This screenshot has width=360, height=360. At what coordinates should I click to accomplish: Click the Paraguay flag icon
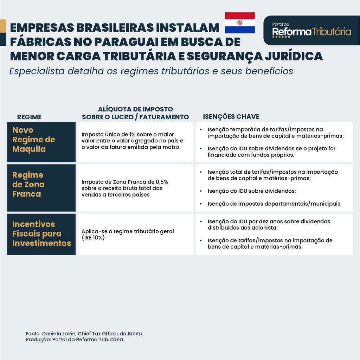pos(240,23)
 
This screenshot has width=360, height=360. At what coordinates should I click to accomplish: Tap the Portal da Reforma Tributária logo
pos(311,31)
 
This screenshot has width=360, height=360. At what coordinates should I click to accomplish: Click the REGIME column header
pos(29,117)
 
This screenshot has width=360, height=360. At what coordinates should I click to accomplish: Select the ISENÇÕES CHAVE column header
pos(231,117)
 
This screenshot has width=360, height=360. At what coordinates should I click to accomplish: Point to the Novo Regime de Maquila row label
pos(34,140)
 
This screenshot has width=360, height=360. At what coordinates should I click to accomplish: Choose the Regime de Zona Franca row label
pos(28,185)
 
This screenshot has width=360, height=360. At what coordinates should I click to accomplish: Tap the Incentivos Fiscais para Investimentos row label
pos(41,234)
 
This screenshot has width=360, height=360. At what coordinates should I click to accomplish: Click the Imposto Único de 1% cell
pos(133,141)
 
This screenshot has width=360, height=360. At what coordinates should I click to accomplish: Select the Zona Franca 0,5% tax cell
pos(125,188)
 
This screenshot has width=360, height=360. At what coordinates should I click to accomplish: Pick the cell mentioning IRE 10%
pos(128,234)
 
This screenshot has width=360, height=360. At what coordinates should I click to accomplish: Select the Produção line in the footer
pos(75,340)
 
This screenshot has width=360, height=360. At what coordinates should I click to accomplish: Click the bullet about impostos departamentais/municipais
pos(274,204)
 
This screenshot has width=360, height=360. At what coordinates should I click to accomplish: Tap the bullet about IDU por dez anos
pos(269,224)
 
